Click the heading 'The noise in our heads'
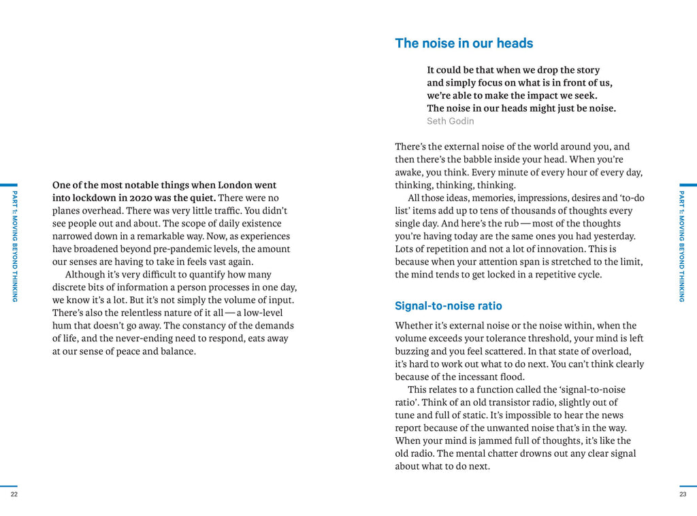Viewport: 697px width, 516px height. point(464,44)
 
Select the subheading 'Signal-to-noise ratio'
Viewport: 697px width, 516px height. point(448,306)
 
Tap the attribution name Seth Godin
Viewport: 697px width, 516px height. point(450,121)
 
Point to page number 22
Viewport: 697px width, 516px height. point(14,494)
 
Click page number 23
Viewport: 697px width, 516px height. point(683,494)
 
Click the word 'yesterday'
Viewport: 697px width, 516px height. point(613,236)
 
